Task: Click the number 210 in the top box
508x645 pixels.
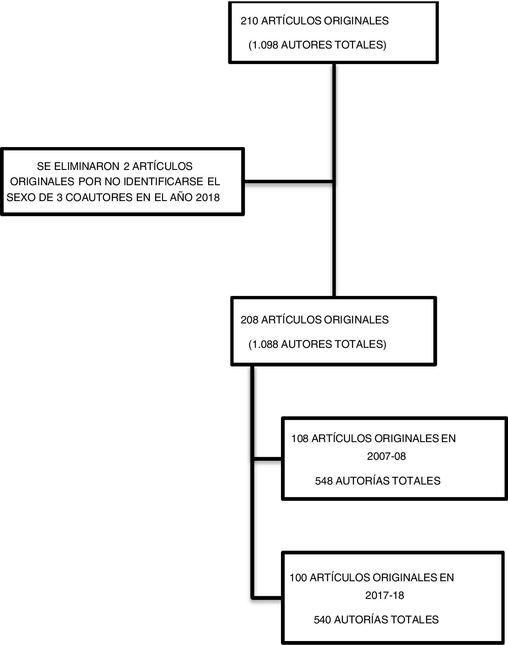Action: pyautogui.click(x=249, y=21)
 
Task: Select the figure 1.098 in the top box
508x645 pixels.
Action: pyautogui.click(x=264, y=45)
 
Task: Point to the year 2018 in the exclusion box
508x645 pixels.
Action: pyautogui.click(x=208, y=197)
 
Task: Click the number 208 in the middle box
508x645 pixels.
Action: pyautogui.click(x=249, y=320)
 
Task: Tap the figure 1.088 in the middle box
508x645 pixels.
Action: pyautogui.click(x=264, y=344)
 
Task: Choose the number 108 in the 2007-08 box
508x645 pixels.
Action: pyautogui.click(x=300, y=438)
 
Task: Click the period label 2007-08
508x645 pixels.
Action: pyautogui.click(x=386, y=456)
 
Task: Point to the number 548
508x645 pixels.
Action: pyautogui.click(x=324, y=481)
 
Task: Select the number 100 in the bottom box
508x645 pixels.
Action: pyautogui.click(x=298, y=578)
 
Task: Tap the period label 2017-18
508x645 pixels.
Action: pyautogui.click(x=385, y=595)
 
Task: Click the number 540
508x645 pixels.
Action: pyautogui.click(x=322, y=620)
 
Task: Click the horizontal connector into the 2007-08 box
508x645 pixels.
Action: pyautogui.click(x=268, y=458)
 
